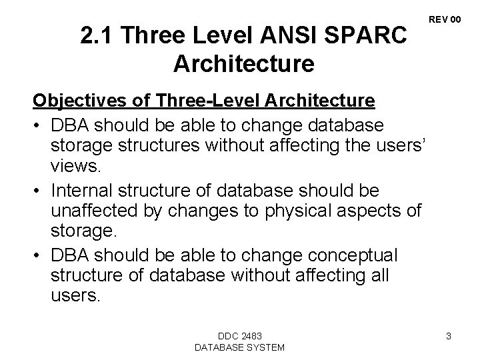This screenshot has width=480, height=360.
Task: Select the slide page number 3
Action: click(449, 336)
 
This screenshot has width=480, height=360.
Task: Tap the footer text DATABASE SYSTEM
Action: click(239, 347)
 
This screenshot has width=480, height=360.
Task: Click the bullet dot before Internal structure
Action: click(39, 191)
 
